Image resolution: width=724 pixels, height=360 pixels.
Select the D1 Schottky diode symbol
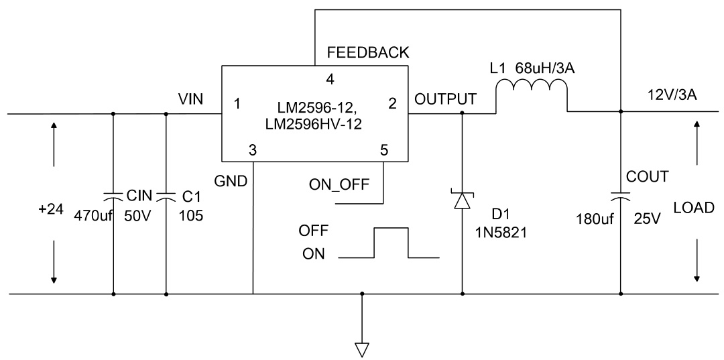coord(463,200)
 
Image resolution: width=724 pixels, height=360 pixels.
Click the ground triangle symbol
coord(362,349)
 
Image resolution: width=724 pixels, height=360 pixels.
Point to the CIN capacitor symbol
coord(113,196)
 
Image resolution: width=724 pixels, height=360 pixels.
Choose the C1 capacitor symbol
coord(166,196)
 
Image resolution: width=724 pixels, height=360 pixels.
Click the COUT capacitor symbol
coord(620,196)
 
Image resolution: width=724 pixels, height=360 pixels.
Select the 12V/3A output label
coord(670,95)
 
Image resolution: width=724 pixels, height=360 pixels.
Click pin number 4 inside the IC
coord(329,79)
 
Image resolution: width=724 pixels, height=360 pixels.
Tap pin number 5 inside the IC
coord(383,150)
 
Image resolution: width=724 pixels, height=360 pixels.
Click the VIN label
coord(192,99)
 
